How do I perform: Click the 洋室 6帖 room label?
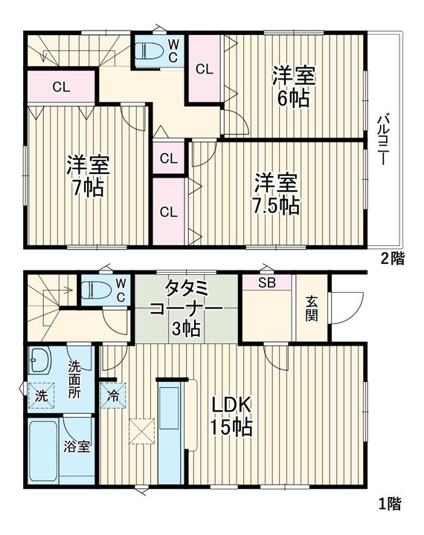[x=294, y=86]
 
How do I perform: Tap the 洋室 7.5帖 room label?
[x=278, y=193]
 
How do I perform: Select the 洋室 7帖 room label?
[x=89, y=175]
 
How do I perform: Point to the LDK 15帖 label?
[x=231, y=415]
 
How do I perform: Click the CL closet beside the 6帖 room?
[x=204, y=70]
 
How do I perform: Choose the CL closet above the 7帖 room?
[x=61, y=86]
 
